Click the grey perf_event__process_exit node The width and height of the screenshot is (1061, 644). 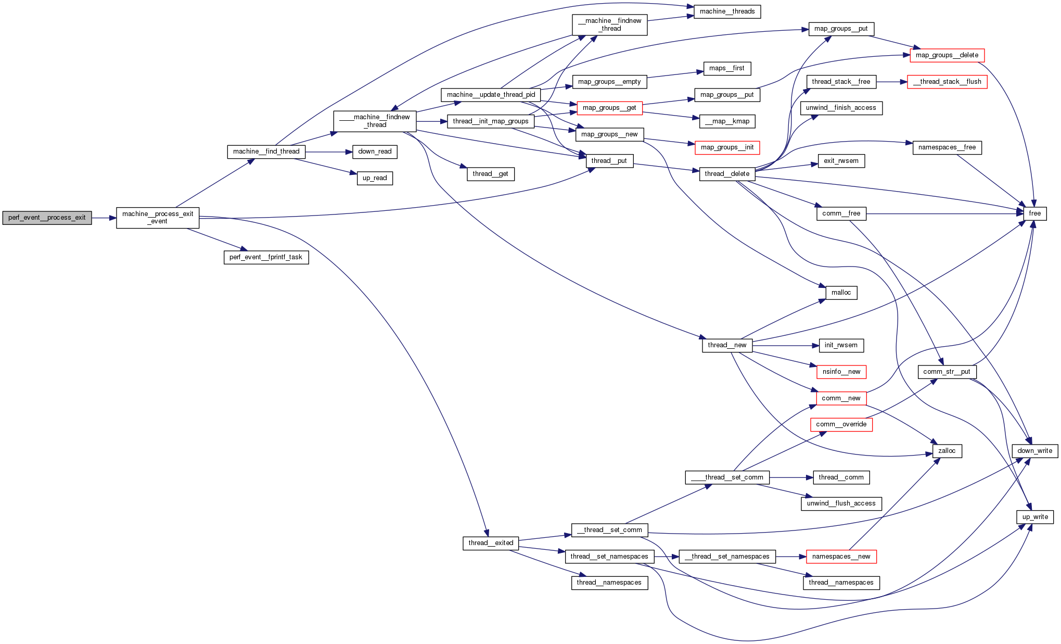point(47,218)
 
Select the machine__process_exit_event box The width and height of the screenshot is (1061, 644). point(157,218)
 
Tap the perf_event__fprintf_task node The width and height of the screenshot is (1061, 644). point(266,257)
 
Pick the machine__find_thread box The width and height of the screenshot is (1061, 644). point(266,151)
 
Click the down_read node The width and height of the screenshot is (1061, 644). point(375,151)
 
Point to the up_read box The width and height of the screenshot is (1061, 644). point(375,178)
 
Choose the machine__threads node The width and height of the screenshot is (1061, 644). point(727,11)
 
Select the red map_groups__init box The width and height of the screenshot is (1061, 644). point(727,147)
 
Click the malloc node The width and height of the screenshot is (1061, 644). point(841,293)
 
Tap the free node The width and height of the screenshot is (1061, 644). point(1034,213)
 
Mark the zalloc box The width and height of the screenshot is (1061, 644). point(947,451)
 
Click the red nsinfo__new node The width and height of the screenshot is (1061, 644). point(841,372)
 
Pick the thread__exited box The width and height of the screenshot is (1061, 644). point(490,543)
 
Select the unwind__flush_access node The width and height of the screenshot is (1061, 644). point(841,503)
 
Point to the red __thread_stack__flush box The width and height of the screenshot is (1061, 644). point(947,82)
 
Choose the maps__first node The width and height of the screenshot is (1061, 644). point(727,68)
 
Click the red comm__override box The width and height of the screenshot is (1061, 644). point(841,424)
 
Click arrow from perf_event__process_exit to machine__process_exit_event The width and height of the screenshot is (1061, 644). point(104,218)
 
